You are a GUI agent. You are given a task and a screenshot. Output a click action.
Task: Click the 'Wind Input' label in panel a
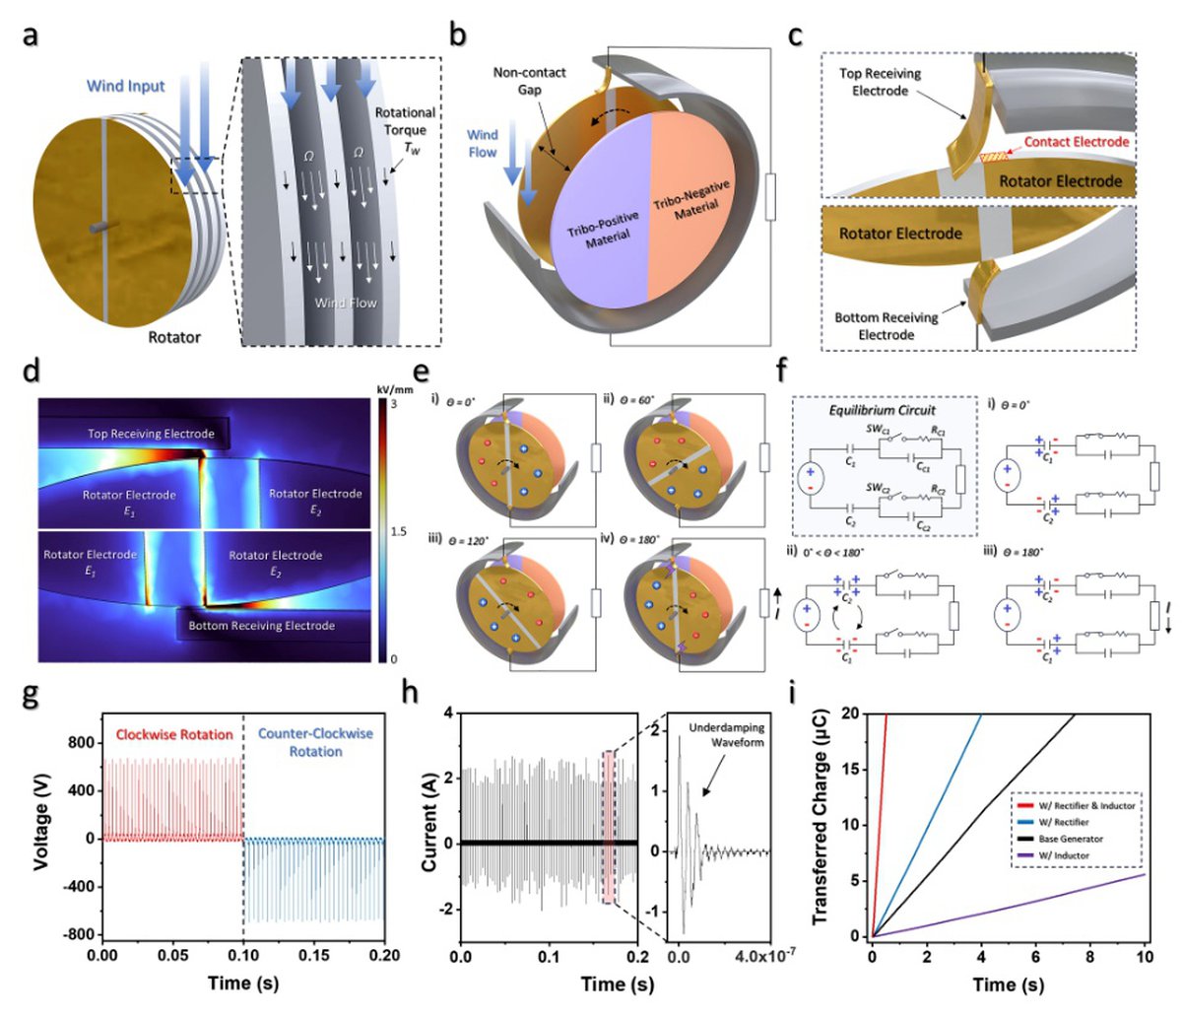pos(126,86)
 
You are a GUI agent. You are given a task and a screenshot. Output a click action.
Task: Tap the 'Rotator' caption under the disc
pos(174,337)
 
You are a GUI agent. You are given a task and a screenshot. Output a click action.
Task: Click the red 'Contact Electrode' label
pos(1076,142)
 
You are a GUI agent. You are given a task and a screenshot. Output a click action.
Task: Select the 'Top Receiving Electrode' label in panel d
pos(150,434)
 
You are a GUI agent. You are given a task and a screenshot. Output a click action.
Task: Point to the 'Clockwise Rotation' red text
pos(174,734)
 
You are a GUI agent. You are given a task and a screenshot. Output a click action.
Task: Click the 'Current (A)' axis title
pos(429,825)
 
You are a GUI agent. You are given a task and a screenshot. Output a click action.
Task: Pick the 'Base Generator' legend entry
pos(1067,839)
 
